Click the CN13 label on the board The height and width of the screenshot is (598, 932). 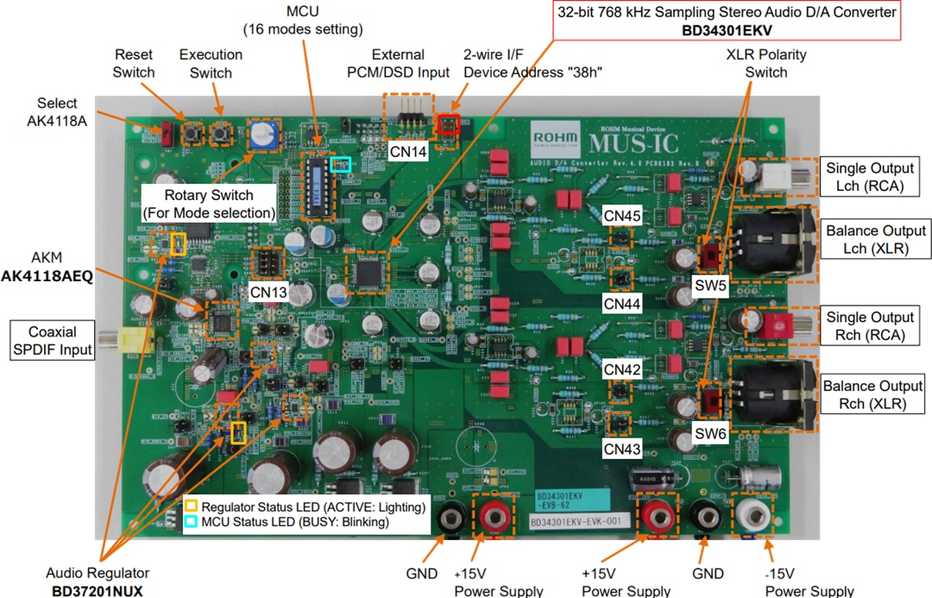(x=268, y=292)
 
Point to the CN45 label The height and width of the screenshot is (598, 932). (x=622, y=216)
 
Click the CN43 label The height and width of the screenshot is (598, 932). (x=622, y=450)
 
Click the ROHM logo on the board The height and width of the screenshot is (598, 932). (x=556, y=138)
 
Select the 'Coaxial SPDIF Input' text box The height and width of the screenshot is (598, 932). (x=51, y=341)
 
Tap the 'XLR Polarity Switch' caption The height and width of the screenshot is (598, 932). (x=766, y=63)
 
